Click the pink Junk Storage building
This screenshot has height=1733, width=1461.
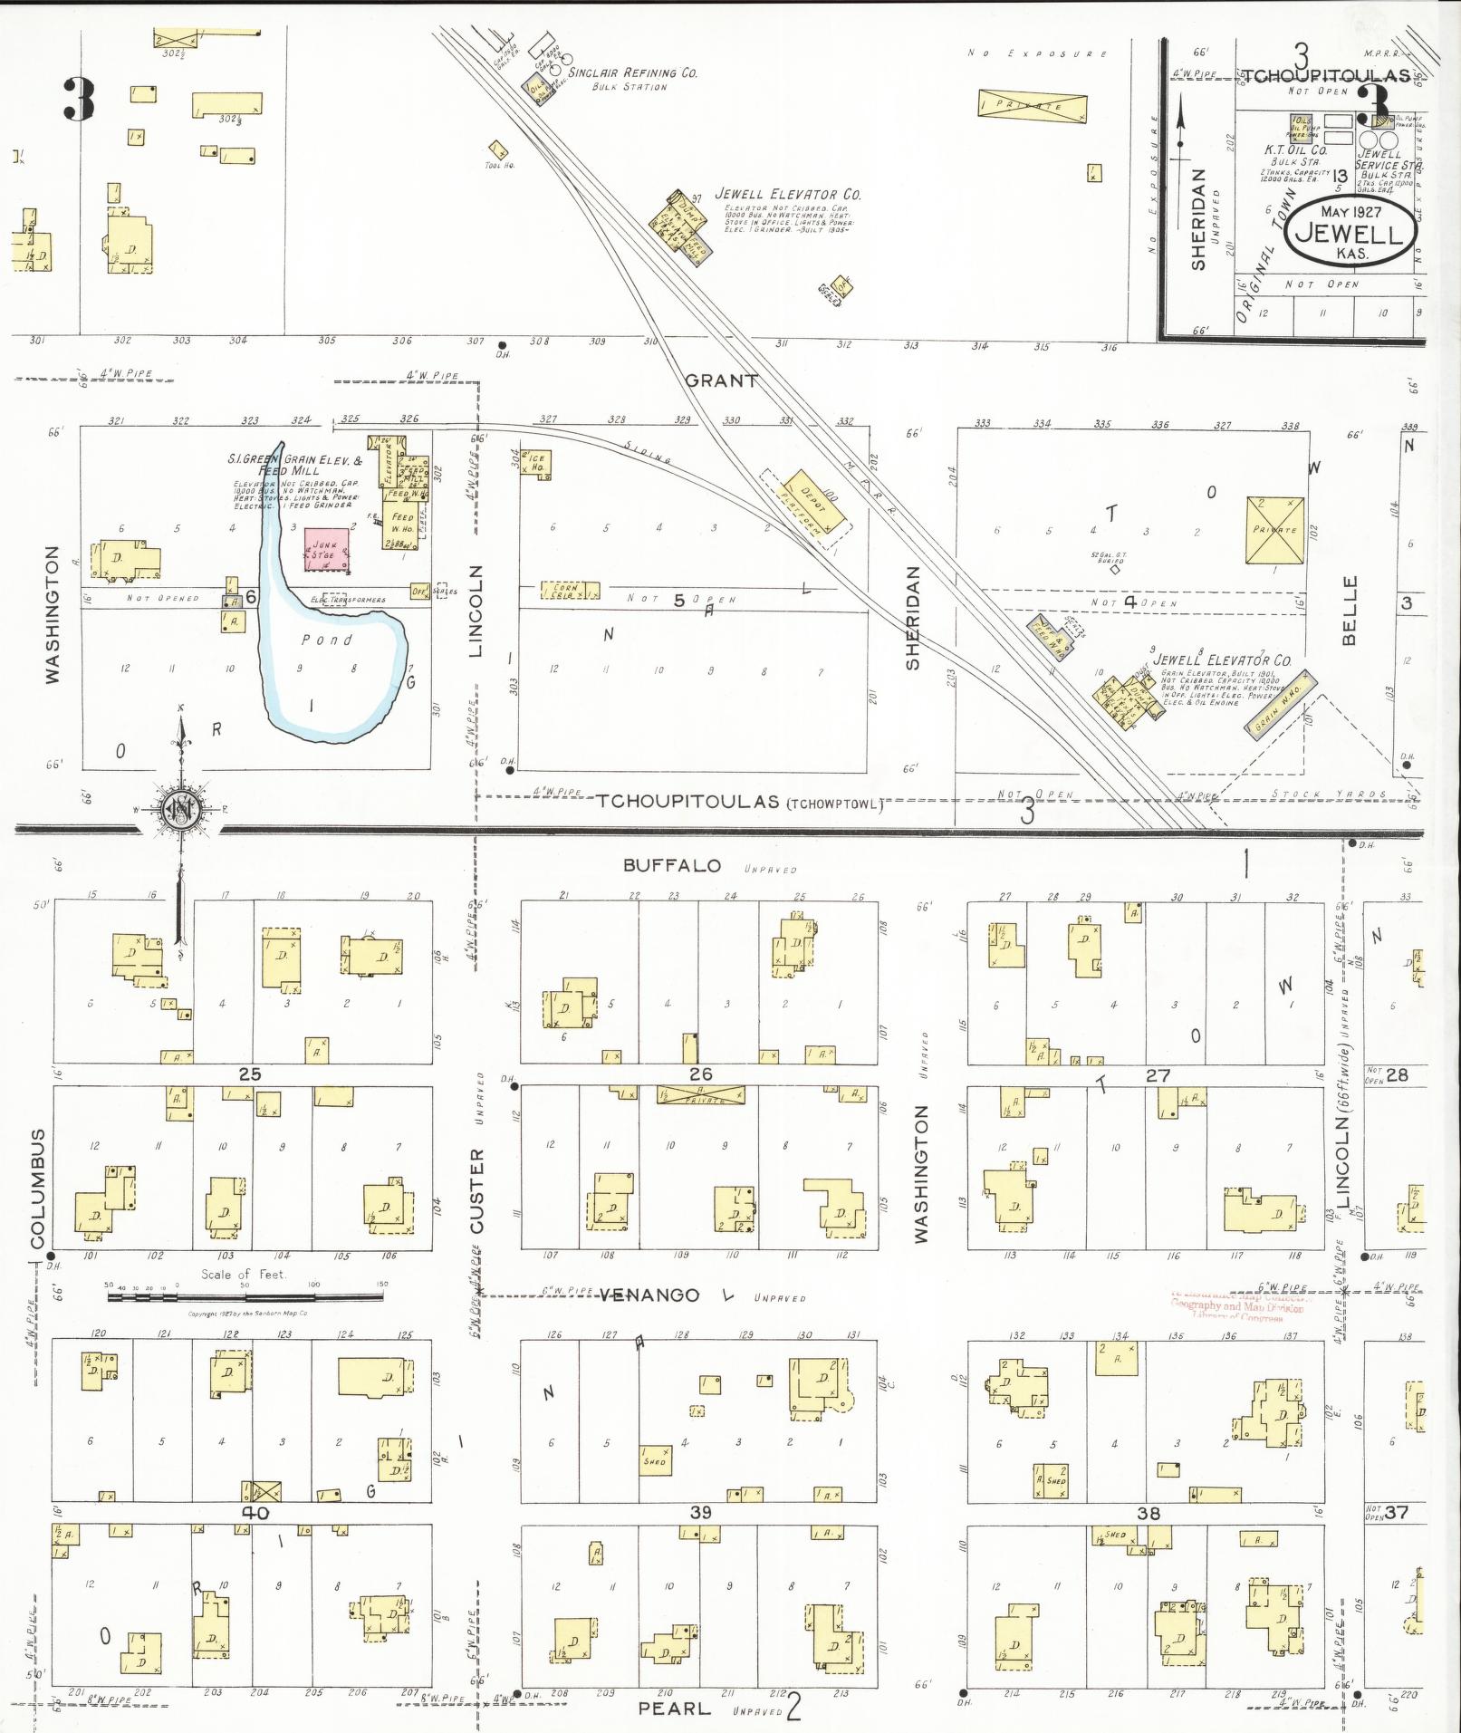328,550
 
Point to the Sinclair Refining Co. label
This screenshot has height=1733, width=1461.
632,73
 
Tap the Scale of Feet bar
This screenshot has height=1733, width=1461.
245,1297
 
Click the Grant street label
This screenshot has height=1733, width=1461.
721,381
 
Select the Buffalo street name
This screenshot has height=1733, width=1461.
672,866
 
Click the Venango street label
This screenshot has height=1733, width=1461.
649,1295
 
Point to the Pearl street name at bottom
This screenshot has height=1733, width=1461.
674,1708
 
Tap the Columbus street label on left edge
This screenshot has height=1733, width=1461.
37,1189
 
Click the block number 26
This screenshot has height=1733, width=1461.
700,1074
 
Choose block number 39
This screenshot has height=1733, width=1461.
700,1513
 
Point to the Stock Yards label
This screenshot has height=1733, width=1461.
1329,794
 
